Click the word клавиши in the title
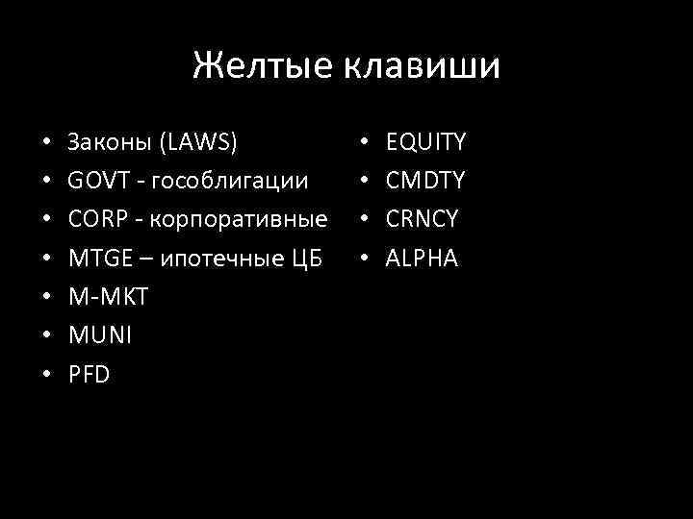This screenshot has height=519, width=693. click(419, 66)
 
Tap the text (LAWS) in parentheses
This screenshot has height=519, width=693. click(199, 143)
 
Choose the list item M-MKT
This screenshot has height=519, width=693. click(109, 297)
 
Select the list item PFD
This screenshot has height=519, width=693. click(90, 374)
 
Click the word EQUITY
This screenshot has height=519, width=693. click(425, 143)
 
